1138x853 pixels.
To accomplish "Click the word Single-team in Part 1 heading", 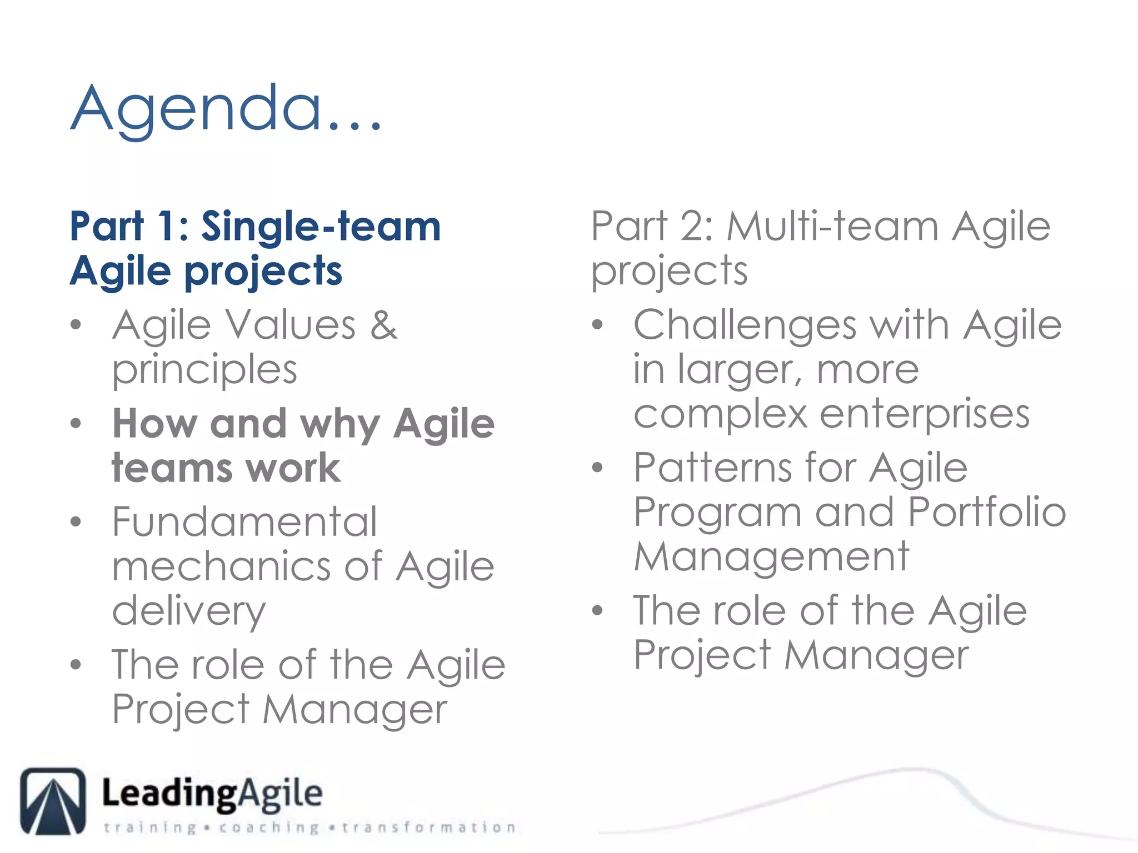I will [x=321, y=227].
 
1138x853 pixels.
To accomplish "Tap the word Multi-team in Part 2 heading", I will [x=832, y=227].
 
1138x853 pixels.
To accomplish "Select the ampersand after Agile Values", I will [x=383, y=325].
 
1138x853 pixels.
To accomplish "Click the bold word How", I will [x=154, y=424].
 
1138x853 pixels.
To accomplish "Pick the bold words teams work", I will [x=226, y=468].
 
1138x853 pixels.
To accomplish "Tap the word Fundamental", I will [x=244, y=522].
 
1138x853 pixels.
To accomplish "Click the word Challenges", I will [x=745, y=325].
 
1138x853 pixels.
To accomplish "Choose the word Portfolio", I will [x=986, y=511].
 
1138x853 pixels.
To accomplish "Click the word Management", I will [x=771, y=556].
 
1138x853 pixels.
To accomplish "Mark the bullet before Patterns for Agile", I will [x=597, y=468].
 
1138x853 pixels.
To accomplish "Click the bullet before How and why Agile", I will [x=76, y=424].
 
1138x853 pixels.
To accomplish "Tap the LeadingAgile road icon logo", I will [x=53, y=801].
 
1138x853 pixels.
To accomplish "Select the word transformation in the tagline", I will [x=428, y=827].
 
